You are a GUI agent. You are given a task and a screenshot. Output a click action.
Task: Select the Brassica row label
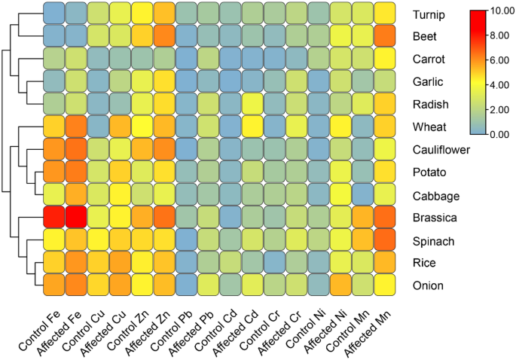pyautogui.click(x=435, y=218)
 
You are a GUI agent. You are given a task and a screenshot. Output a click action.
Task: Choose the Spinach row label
pyautogui.click(x=433, y=241)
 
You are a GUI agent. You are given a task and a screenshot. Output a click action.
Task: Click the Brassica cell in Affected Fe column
pyautogui.click(x=76, y=218)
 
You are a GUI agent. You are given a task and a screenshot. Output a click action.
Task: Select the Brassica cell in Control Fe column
pyautogui.click(x=53, y=218)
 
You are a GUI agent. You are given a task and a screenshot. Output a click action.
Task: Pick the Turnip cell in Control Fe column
pyautogui.click(x=53, y=13)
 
